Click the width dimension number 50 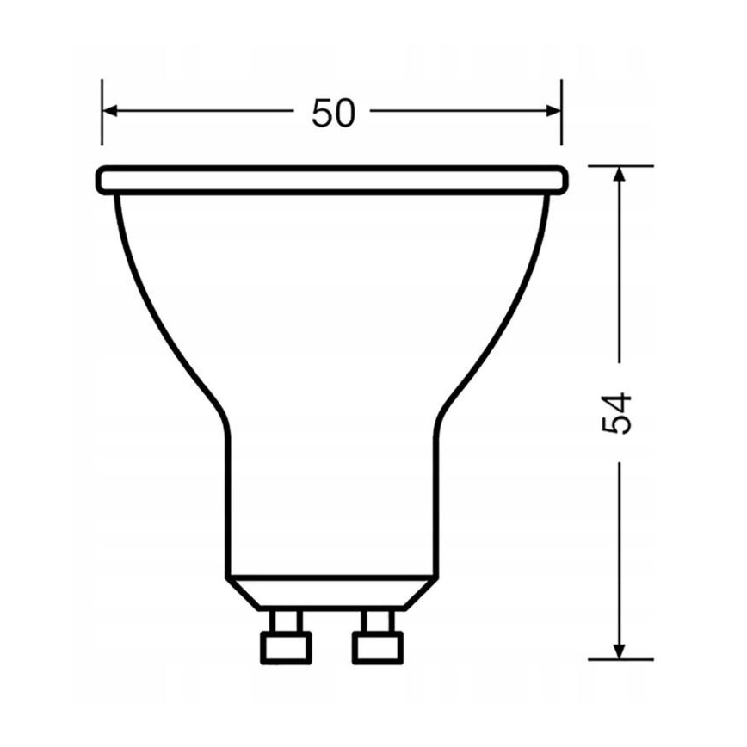pos(333,113)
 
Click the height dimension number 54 pos(618,413)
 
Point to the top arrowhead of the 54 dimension pos(618,173)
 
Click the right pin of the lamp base pos(373,633)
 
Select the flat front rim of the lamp pos(332,179)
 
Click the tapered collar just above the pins pos(330,593)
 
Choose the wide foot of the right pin pos(373,646)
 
